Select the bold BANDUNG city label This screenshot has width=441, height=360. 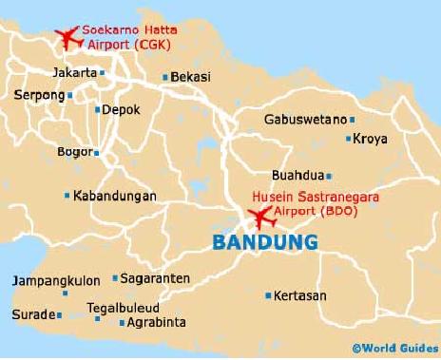(x=263, y=243)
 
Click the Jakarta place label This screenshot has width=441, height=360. (x=75, y=72)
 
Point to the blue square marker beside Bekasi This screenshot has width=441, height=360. (x=165, y=78)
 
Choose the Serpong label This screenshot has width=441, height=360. (x=38, y=95)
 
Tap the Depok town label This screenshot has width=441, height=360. (x=121, y=109)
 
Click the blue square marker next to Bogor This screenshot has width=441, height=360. (x=96, y=151)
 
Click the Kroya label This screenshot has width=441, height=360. (x=370, y=139)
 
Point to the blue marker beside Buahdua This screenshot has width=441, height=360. (x=329, y=176)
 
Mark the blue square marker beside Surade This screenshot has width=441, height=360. (x=60, y=315)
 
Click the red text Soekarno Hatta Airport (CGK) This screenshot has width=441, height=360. (x=129, y=36)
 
